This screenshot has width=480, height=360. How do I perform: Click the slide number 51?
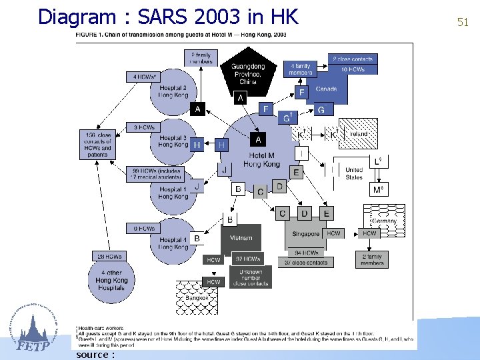pos(463,22)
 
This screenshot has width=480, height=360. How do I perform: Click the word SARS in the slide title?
pos(163,16)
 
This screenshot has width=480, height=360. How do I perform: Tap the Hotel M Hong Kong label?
pos(261,160)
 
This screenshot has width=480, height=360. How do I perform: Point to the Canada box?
pos(326,89)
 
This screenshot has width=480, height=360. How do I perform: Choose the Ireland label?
pos(358,134)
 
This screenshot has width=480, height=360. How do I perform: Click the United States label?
pos(354,173)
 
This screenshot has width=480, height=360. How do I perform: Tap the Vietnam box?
pos(241,237)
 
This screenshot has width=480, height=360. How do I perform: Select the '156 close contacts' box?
pos(97,144)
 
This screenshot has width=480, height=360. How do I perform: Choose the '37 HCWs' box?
pos(247,259)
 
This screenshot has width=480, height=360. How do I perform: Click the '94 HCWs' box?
pos(307,253)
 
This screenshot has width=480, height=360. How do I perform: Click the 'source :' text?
pos(95,354)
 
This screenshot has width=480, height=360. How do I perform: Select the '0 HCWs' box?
pos(144,228)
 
